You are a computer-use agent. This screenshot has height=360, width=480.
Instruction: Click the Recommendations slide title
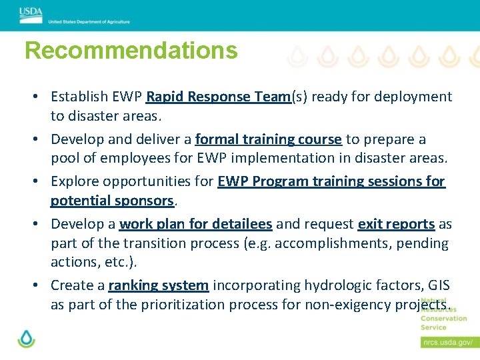[x=131, y=51]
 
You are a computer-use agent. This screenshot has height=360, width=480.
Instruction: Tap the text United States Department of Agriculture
[x=89, y=22]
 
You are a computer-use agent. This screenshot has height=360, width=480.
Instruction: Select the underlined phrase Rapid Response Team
[x=218, y=97]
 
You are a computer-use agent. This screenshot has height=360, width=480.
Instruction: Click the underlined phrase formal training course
[x=269, y=139]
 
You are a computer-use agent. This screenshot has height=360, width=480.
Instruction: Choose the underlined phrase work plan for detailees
[x=195, y=224]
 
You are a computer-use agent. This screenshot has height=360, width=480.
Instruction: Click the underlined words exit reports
[x=396, y=224]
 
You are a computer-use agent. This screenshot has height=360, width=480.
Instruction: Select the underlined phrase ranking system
[x=158, y=285]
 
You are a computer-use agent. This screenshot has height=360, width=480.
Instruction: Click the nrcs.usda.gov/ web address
[x=447, y=342]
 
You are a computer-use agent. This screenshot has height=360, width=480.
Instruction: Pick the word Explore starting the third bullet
[x=75, y=181]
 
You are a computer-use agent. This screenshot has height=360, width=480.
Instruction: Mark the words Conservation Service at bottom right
[x=443, y=323]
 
